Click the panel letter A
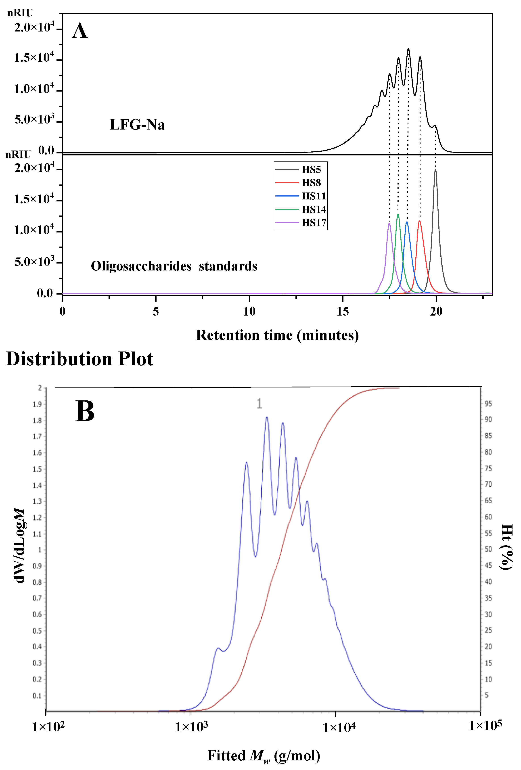[80, 31]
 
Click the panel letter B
[85, 411]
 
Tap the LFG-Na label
[137, 125]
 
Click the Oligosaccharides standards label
[174, 266]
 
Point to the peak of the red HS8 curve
[420, 221]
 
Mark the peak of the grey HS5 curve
[435, 170]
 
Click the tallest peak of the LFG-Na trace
[408, 49]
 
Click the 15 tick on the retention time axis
[343, 312]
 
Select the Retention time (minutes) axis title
[277, 335]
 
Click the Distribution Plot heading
[80, 359]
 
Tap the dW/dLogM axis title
[19, 545]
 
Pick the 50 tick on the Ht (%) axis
[488, 549]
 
